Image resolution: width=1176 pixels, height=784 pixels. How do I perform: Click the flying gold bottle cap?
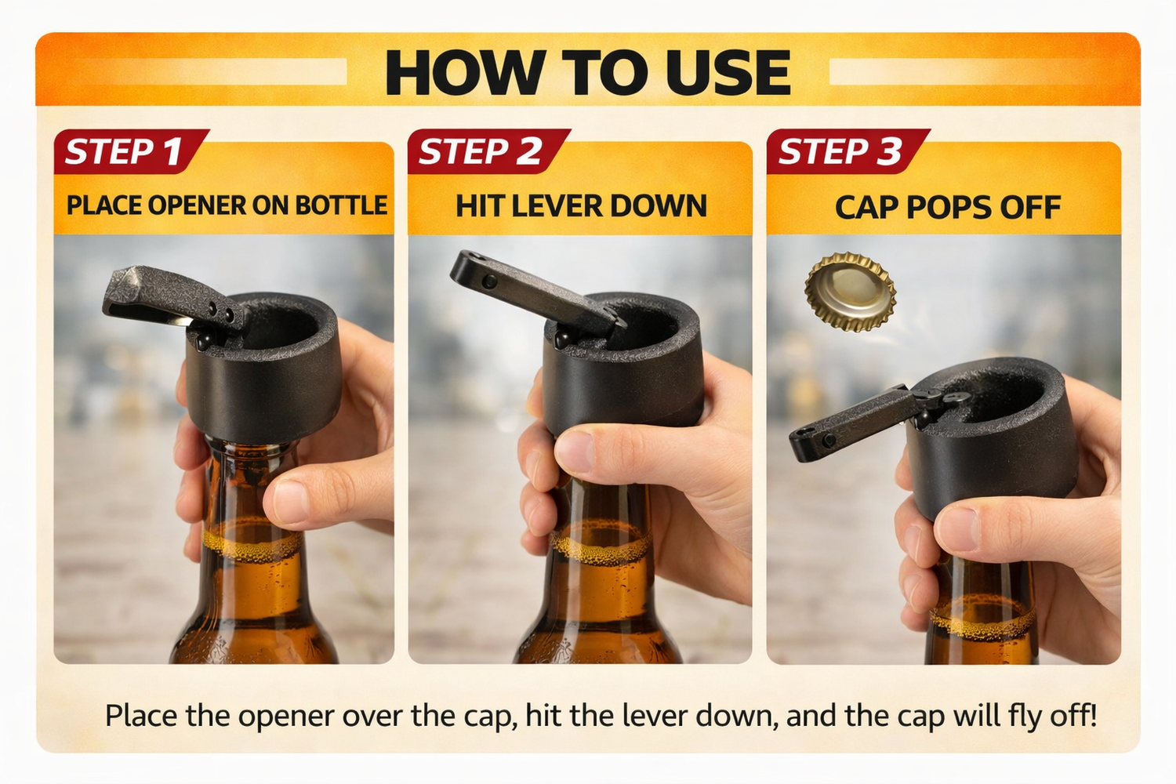point(850,292)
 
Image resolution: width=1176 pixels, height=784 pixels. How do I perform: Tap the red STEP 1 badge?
point(131,151)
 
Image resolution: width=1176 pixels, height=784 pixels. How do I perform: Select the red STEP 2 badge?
point(488,151)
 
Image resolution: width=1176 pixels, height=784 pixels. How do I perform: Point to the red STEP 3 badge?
point(848,151)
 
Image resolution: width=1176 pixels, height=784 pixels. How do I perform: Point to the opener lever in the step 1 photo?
point(173,297)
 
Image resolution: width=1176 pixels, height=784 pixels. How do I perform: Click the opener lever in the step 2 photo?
point(535,292)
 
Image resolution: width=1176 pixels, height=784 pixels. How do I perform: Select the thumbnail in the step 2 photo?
point(573,450)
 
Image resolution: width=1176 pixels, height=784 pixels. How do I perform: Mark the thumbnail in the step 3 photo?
point(956,528)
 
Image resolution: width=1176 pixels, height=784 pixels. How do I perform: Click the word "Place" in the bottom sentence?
point(140,715)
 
